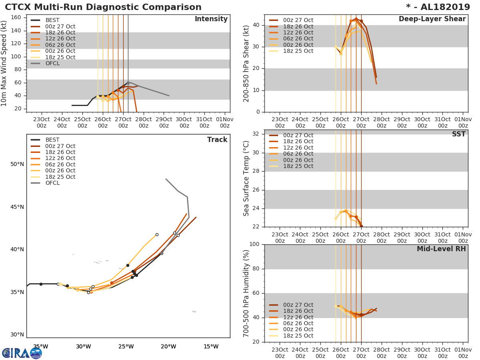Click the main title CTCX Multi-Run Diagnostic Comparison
pos(103,7)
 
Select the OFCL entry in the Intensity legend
pos(52,63)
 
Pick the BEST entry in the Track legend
pos(52,140)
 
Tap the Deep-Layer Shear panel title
pos(432,19)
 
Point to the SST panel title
pos(458,134)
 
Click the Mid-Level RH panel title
pos(441,249)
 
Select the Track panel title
pos(217,140)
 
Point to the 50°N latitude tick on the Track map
pos(17,164)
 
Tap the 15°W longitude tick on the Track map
pos(211,346)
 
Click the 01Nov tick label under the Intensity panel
pos(225,122)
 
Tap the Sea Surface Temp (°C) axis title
pos(246,178)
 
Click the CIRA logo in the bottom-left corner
pos(22,353)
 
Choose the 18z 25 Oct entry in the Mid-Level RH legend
pos(298,336)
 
